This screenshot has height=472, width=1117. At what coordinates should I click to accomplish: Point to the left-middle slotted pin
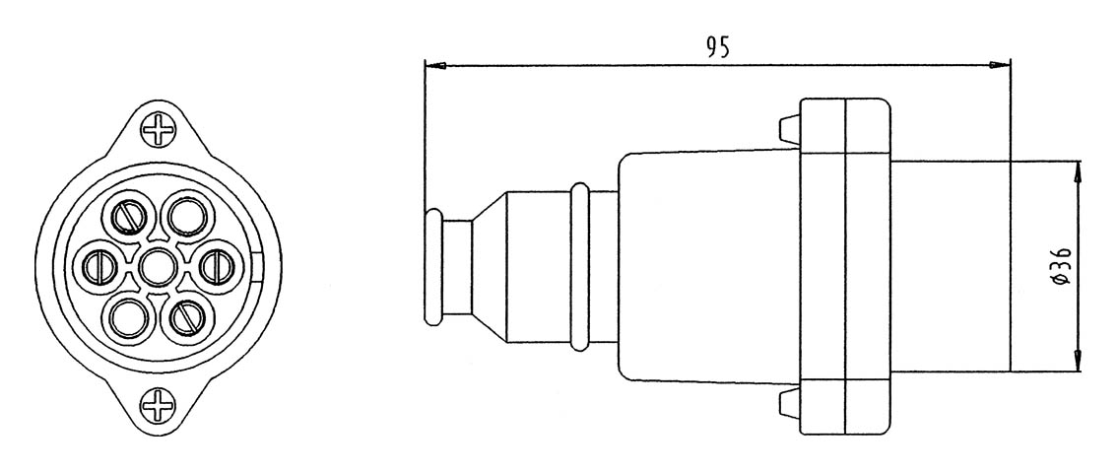pyautogui.click(x=99, y=264)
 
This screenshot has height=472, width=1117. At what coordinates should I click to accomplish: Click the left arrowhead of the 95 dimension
pyautogui.click(x=434, y=66)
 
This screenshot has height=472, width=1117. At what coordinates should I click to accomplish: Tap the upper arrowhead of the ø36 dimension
pyautogui.click(x=1079, y=169)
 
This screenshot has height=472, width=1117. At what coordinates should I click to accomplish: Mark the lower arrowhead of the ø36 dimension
pyautogui.click(x=1079, y=363)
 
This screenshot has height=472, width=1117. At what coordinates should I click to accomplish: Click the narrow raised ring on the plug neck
pyautogui.click(x=581, y=266)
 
